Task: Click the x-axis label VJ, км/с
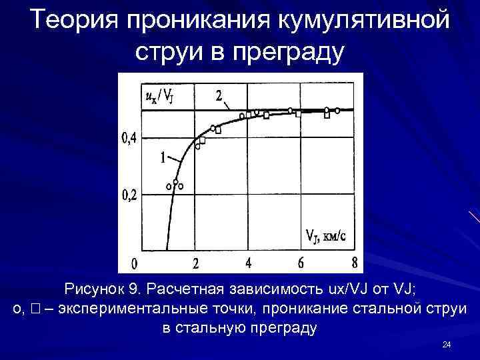pos(326,235)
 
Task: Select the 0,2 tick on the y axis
pos(129,195)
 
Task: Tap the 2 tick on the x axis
pos(195,263)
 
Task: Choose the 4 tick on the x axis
pos(248,263)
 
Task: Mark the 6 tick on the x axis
pos(301,263)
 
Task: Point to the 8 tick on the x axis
pos(354,263)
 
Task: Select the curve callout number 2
pos(219,96)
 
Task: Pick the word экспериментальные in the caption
pos(159,309)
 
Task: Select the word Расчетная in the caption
pos(180,291)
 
